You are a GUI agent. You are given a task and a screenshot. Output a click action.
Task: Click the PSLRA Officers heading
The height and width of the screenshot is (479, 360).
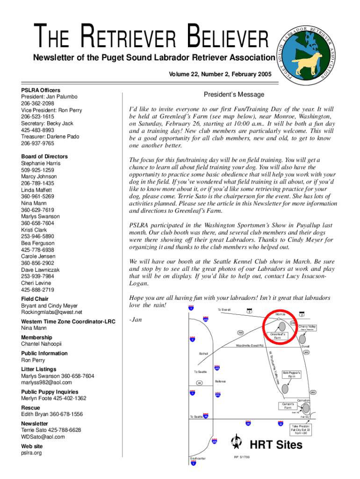(x=41, y=90)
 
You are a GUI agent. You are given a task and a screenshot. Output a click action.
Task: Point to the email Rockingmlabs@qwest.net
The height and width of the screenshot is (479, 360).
(x=51, y=312)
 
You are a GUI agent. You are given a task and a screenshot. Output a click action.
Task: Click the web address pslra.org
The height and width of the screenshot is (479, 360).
(x=31, y=453)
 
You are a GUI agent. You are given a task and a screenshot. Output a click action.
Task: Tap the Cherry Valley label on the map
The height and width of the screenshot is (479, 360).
(x=307, y=327)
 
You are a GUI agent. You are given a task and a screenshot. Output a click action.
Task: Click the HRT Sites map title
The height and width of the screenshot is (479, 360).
(x=276, y=445)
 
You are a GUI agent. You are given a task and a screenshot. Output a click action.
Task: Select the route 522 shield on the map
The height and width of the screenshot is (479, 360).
(x=241, y=333)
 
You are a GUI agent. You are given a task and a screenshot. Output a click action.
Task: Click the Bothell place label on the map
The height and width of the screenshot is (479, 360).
(x=203, y=354)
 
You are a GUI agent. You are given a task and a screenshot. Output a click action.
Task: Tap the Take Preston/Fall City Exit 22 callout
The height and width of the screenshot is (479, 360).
(x=300, y=429)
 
